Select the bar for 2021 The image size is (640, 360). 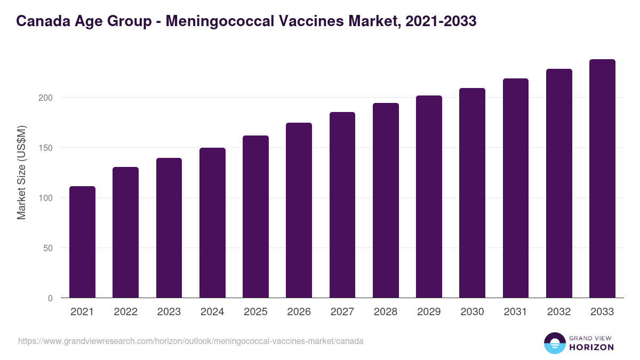(82, 242)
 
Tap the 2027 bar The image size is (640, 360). (342, 205)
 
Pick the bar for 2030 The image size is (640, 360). (472, 193)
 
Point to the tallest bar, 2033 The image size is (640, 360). (602, 179)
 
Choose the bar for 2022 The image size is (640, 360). (125, 233)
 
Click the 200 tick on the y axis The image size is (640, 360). (46, 98)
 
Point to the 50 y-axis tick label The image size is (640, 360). (49, 248)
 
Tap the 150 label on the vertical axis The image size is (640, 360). (46, 148)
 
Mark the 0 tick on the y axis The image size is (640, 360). (51, 298)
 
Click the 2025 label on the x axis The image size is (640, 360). (255, 312)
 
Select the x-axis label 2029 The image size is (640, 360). (429, 312)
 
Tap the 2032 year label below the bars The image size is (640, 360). (559, 312)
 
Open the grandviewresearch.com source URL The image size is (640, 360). (190, 341)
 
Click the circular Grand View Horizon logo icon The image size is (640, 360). (555, 343)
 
